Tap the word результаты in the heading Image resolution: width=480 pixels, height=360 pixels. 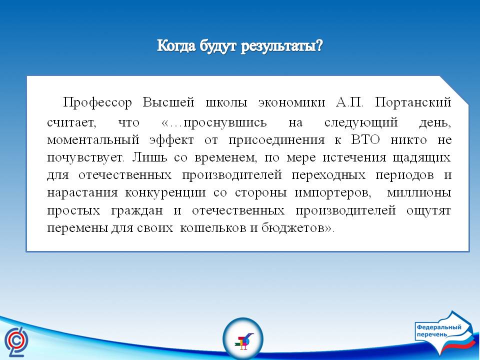pos(281,46)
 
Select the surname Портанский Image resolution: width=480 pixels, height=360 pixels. pos(413,102)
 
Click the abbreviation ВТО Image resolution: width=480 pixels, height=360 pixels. pos(365,140)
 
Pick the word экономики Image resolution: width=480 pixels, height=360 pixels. pos(291,102)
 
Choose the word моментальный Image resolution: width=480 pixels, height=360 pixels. pos(93,140)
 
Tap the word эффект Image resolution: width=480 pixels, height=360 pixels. pos(171,140)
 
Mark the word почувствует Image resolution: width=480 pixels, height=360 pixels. pos(85,158)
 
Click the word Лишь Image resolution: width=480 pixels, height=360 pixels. pos(150,157)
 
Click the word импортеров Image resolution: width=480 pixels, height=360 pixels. pos(333,193)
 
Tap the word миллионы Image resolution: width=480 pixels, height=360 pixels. pos(419,193)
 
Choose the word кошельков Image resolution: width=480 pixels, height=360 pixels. pos(214,228)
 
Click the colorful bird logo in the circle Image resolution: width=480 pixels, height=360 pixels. pos(243,339)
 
